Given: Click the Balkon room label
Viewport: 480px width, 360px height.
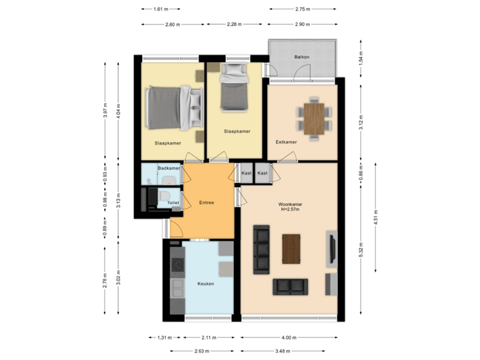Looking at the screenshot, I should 302,57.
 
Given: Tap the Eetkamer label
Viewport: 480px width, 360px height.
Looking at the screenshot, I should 286,141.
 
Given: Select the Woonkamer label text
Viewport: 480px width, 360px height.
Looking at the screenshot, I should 291,204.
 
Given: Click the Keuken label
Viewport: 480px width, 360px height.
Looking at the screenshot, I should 205,283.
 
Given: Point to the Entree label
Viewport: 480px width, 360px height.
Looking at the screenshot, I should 206,202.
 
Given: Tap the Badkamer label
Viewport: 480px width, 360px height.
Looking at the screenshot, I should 167,169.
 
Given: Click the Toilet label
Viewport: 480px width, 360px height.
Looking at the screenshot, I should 173,202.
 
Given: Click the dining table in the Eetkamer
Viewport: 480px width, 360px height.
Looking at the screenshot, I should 313,118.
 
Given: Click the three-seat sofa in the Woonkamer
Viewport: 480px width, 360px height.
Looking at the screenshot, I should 261,249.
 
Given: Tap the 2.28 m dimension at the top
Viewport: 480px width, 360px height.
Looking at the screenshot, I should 234,24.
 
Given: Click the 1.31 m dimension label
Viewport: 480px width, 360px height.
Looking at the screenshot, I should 164,337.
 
